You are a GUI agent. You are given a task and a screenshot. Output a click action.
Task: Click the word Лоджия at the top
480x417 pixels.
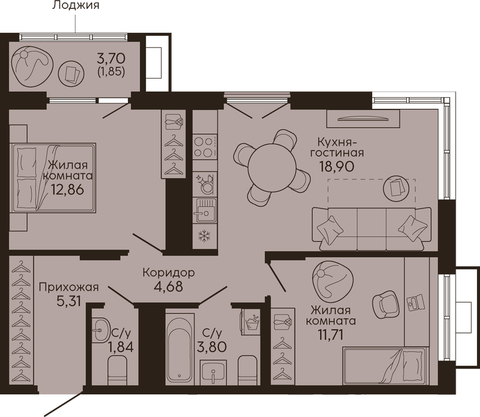(x=76, y=5)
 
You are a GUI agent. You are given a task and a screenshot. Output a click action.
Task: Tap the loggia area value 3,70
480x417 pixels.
(x=111, y=58)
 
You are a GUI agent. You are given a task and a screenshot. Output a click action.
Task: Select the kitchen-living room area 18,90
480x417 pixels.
(x=337, y=166)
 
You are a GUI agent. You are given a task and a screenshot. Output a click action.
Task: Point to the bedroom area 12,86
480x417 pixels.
(x=67, y=189)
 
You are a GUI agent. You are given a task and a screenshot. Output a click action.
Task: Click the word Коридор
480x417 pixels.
(x=169, y=272)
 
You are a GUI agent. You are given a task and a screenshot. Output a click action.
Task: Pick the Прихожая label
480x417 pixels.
(x=69, y=287)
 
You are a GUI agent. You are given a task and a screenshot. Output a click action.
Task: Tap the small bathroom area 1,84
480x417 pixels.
(x=121, y=347)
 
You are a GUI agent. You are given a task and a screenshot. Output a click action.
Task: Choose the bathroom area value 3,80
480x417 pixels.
(x=212, y=347)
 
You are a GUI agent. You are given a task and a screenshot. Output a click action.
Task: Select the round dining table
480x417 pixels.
(x=272, y=167)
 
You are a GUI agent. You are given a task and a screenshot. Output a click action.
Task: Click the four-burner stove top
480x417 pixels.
(x=205, y=147)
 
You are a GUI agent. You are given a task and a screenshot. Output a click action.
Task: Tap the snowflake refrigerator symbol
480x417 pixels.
(x=205, y=236)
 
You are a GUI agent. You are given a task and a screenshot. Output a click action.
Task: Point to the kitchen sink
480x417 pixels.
(x=205, y=210)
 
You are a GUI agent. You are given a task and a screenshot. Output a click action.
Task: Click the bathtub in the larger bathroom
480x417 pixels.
(x=180, y=349)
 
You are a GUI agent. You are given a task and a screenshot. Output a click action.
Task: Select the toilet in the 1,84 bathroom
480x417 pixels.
(x=118, y=372)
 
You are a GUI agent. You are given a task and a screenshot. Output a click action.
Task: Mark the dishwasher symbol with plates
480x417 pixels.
(x=205, y=184)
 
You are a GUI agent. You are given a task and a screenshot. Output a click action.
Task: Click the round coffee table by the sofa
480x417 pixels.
(x=396, y=189)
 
